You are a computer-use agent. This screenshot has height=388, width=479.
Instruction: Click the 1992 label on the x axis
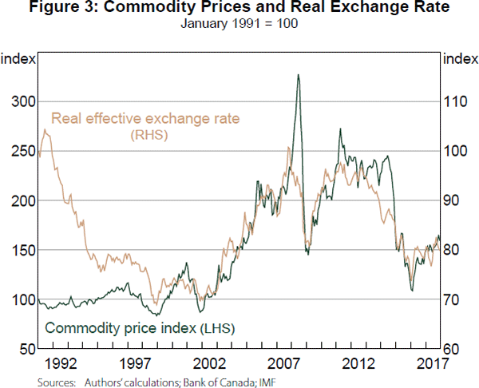pos(61,364)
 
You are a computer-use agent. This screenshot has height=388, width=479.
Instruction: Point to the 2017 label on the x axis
pos(430,364)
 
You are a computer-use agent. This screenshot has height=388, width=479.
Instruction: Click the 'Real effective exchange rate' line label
pos(146,121)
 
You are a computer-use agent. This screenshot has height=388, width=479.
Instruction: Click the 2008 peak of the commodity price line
pos(298,75)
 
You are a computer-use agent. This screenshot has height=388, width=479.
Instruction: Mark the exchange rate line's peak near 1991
pos(46,129)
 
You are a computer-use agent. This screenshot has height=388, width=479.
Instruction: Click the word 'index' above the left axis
pos(16,57)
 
